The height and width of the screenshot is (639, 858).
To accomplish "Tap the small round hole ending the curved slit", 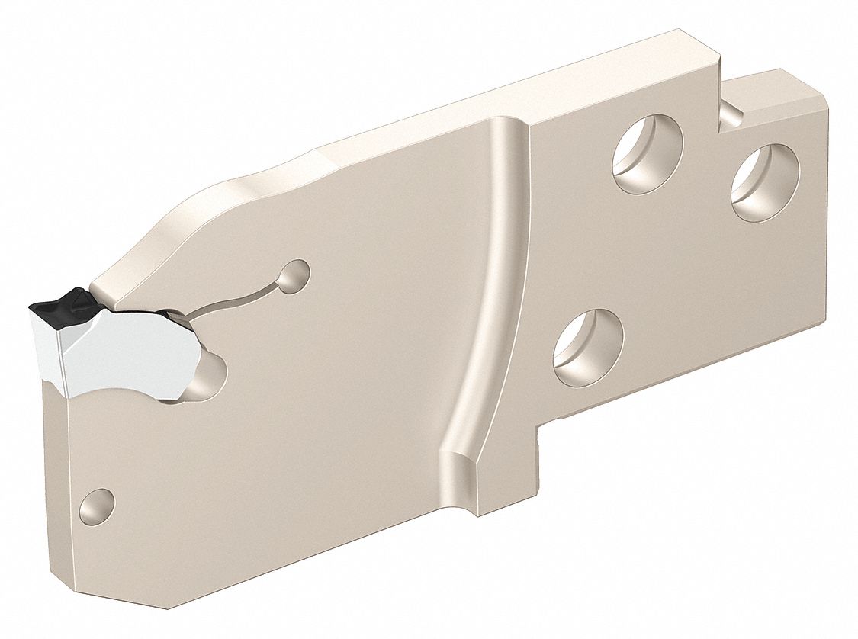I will (294, 275).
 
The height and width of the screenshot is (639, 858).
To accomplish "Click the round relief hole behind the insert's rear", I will (210, 377).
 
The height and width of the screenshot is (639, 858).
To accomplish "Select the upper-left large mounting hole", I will (648, 154).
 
